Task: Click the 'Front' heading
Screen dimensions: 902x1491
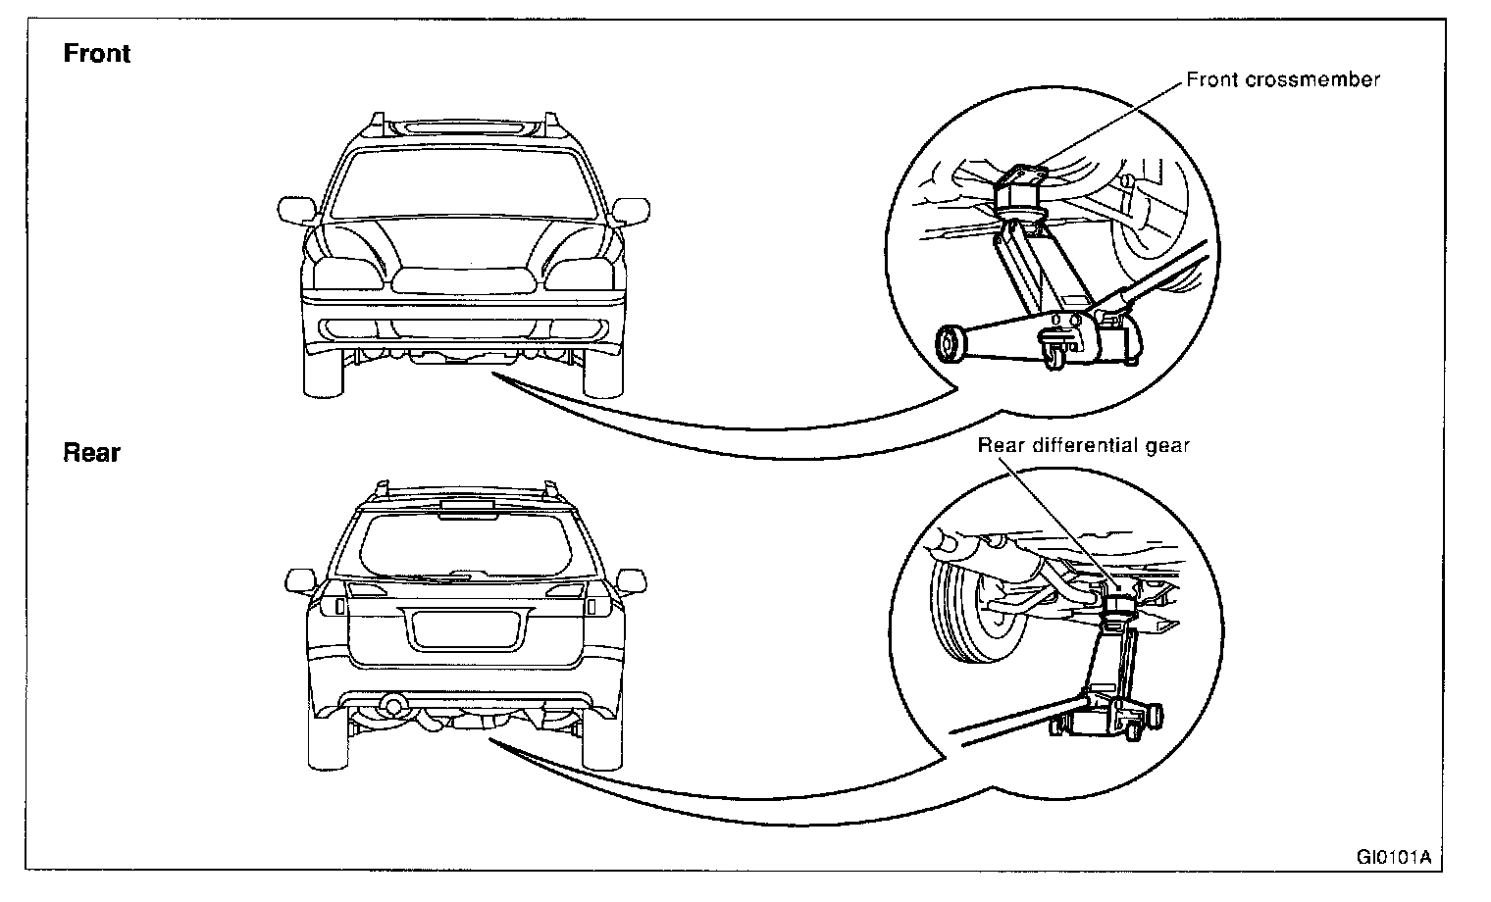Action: click(x=96, y=53)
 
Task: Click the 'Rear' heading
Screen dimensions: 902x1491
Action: click(x=91, y=452)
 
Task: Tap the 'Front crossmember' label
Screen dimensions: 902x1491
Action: click(x=1282, y=79)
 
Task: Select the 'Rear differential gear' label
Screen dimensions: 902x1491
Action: click(x=1083, y=445)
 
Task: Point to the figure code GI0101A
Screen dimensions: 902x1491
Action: click(x=1393, y=856)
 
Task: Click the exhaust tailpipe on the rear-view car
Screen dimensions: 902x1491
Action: click(x=394, y=704)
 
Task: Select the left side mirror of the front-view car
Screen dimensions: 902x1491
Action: click(x=295, y=210)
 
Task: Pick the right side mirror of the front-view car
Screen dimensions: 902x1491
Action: click(x=632, y=210)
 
